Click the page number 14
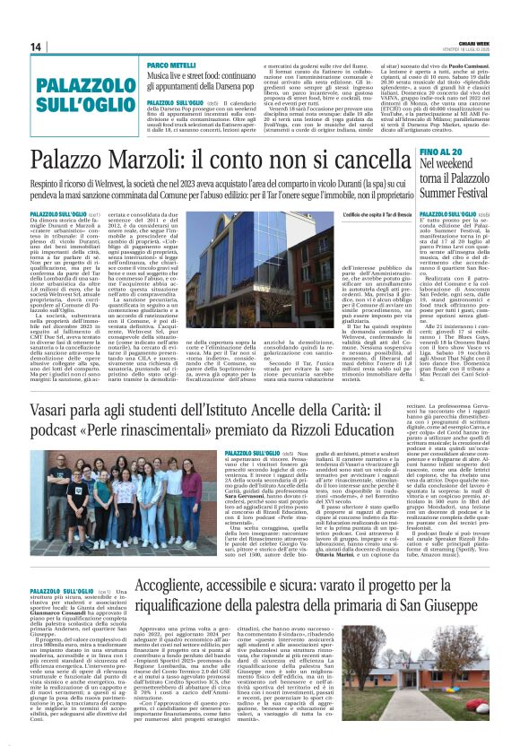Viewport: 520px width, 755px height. pos(36,47)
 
